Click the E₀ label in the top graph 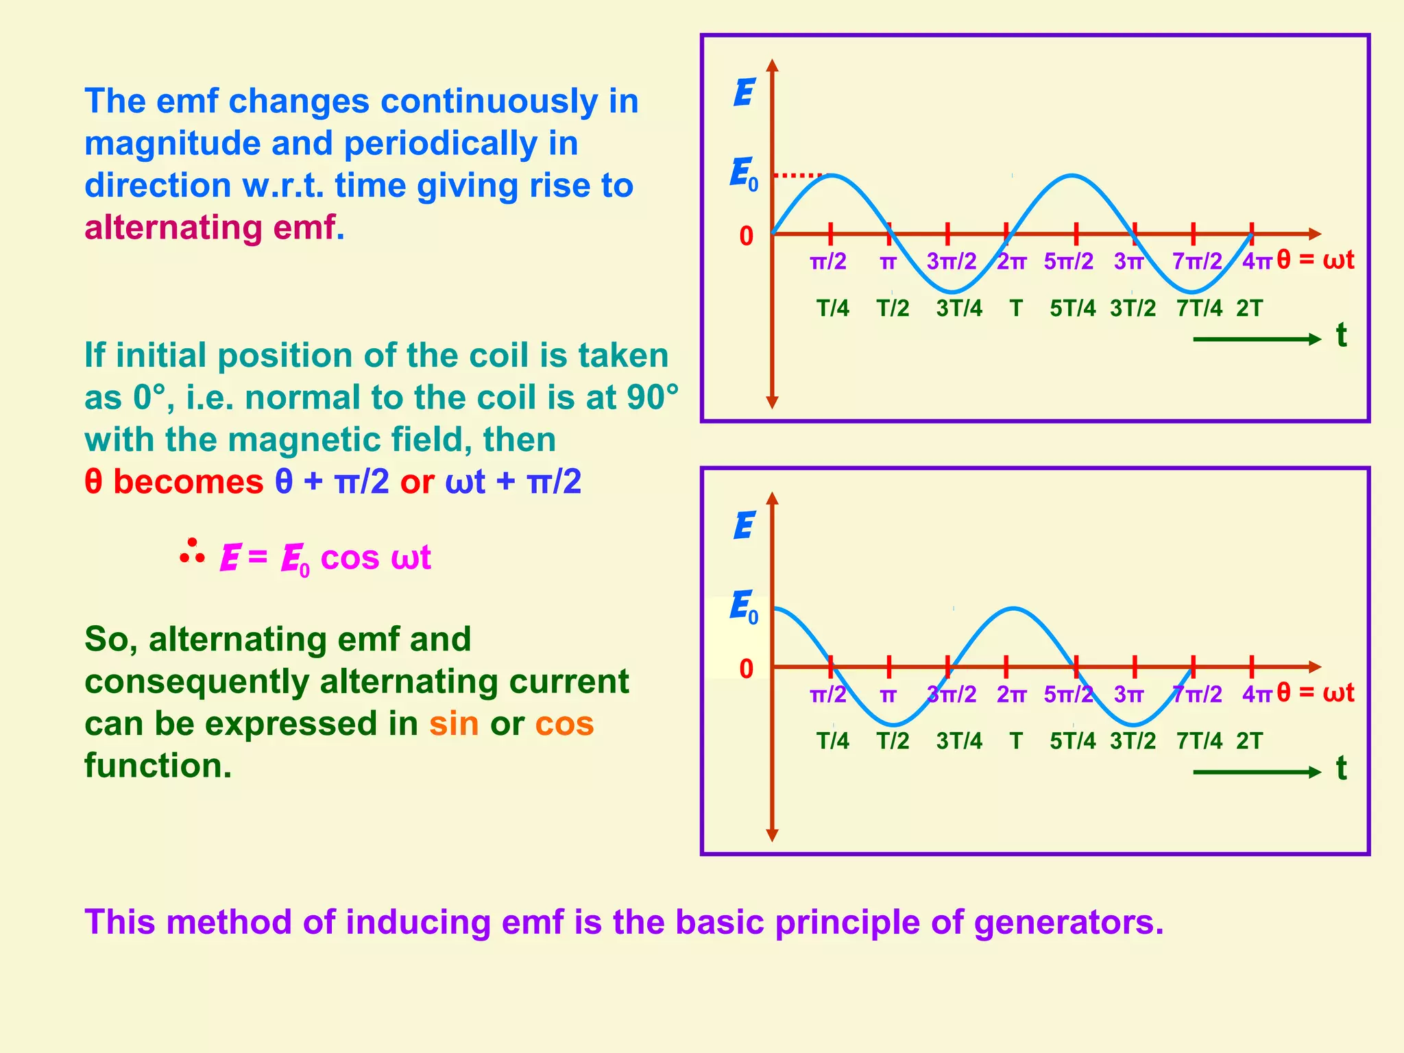744,174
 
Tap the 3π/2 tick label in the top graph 952,261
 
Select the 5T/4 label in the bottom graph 1072,741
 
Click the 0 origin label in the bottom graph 746,669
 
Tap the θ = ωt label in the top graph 1316,261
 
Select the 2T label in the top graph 1249,308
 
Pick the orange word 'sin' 454,724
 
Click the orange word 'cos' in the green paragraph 564,724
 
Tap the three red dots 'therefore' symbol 192,552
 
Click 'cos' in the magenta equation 350,557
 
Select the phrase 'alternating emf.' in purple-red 214,228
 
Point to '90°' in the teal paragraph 652,398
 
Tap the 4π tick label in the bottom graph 1257,694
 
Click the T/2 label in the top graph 893,308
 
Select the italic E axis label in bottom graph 744,526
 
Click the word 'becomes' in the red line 188,482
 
